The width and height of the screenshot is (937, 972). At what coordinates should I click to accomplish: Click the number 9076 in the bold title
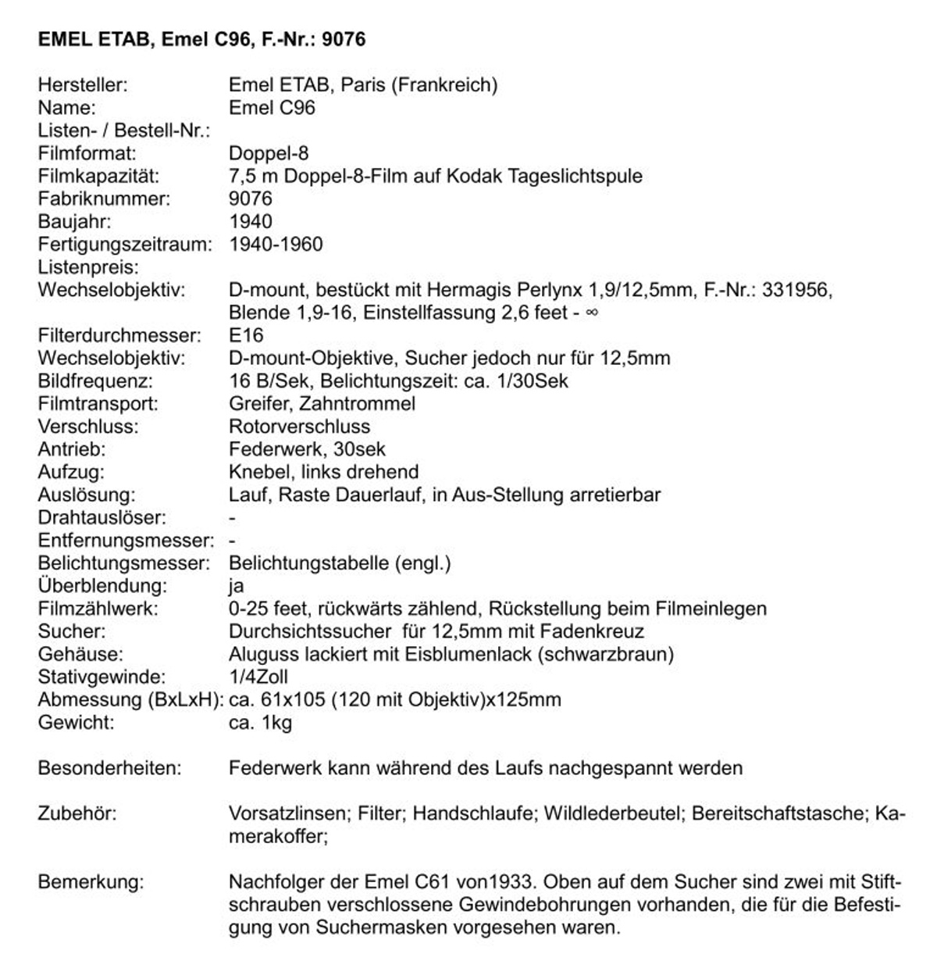tap(344, 39)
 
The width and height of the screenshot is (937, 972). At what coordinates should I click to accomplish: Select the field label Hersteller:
tap(83, 84)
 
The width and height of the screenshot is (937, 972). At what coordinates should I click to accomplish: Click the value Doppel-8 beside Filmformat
tap(269, 153)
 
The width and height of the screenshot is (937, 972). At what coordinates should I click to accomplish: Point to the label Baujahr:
tap(75, 221)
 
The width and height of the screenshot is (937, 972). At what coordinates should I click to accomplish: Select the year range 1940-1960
tap(276, 244)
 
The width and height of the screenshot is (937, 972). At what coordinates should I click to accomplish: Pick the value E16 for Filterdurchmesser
tap(246, 335)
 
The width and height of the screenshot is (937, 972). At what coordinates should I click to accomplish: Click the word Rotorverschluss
tap(299, 427)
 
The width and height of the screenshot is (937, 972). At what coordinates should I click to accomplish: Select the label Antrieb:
tap(71, 449)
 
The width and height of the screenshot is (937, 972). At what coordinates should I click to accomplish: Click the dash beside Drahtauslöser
tap(233, 517)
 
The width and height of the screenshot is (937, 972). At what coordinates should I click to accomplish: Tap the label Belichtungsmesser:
tap(124, 563)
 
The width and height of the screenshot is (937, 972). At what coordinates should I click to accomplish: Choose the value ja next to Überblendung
tap(237, 586)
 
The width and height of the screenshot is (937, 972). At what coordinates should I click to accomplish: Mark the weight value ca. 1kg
tap(261, 722)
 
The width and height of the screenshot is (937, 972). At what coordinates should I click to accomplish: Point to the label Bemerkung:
tap(91, 882)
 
